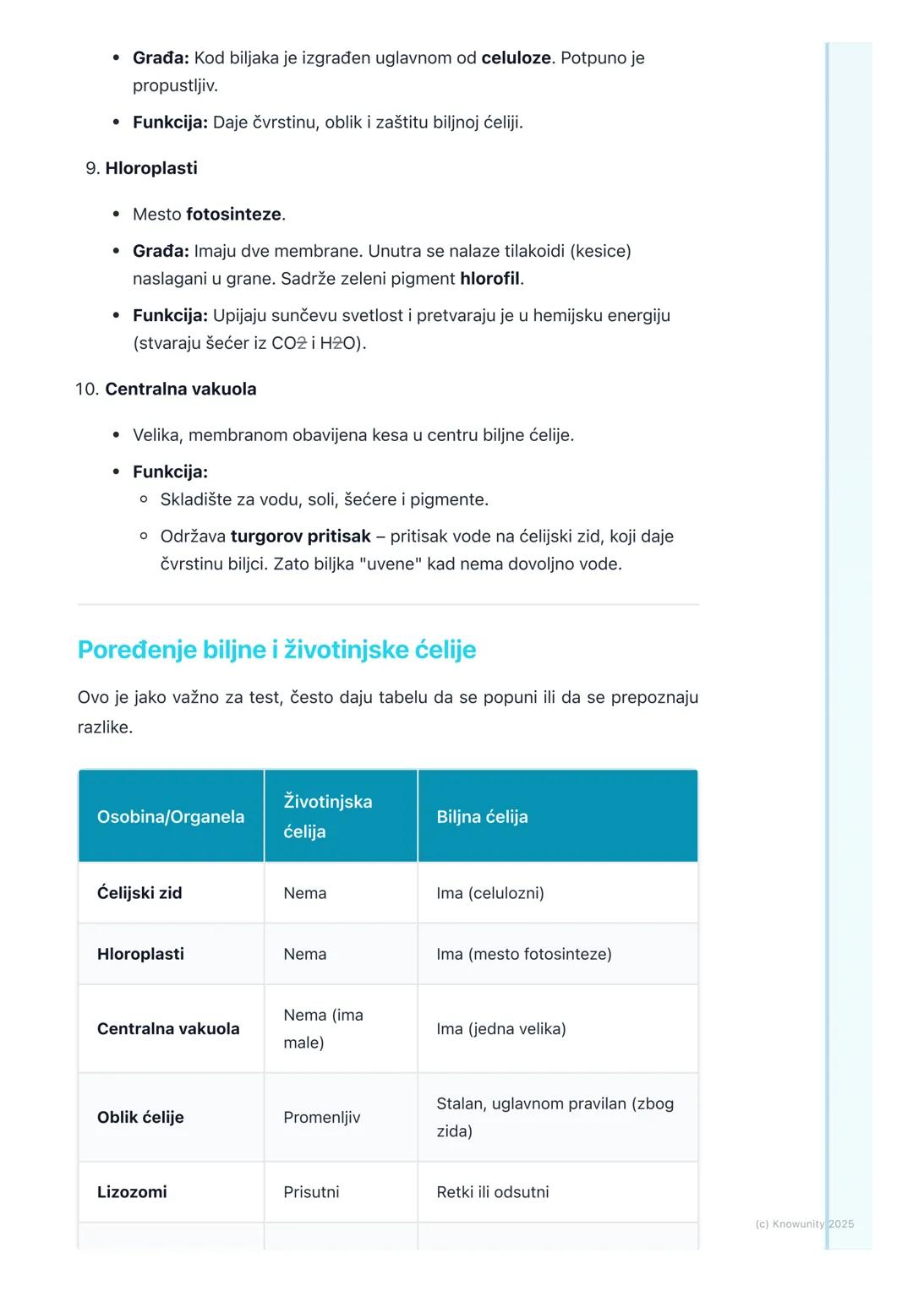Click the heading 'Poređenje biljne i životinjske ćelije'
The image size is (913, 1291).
pyautogui.click(x=276, y=650)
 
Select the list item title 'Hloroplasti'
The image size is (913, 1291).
pyautogui.click(x=151, y=168)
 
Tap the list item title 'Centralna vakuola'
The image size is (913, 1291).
pyautogui.click(x=181, y=389)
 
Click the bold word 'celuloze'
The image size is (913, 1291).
pyautogui.click(x=516, y=58)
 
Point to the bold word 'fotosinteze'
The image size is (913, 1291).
pyautogui.click(x=233, y=215)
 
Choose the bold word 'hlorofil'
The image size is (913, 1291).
pyautogui.click(x=491, y=279)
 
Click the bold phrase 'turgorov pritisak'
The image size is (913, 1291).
pyautogui.click(x=300, y=537)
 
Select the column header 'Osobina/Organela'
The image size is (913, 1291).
pyautogui.click(x=171, y=817)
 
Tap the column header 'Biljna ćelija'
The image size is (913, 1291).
pyautogui.click(x=482, y=817)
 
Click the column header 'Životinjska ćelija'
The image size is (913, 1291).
pyautogui.click(x=328, y=816)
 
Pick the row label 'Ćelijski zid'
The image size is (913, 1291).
pyautogui.click(x=139, y=893)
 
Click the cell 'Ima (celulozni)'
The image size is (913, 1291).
pyautogui.click(x=490, y=893)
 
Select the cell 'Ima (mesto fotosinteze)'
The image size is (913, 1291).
pyautogui.click(x=524, y=954)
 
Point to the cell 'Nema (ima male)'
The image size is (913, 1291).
pyautogui.click(x=323, y=1028)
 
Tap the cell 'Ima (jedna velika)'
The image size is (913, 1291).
pyautogui.click(x=501, y=1029)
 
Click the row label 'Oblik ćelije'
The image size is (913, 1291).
pyautogui.click(x=140, y=1117)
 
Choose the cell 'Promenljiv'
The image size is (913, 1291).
pyautogui.click(x=322, y=1117)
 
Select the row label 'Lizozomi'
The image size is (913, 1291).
pyautogui.click(x=132, y=1192)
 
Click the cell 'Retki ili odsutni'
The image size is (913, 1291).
pyautogui.click(x=493, y=1192)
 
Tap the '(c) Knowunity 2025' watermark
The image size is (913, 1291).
pyautogui.click(x=804, y=1223)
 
